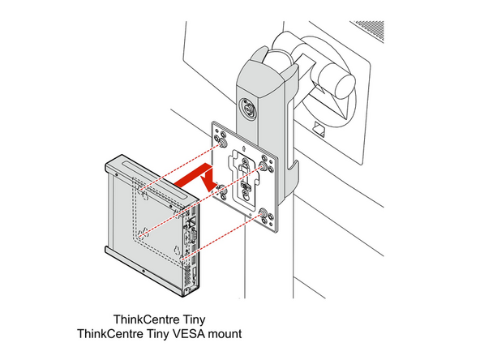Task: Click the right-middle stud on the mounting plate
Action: (x=264, y=167)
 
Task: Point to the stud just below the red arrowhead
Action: (x=220, y=190)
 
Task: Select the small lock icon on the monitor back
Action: (x=317, y=127)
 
